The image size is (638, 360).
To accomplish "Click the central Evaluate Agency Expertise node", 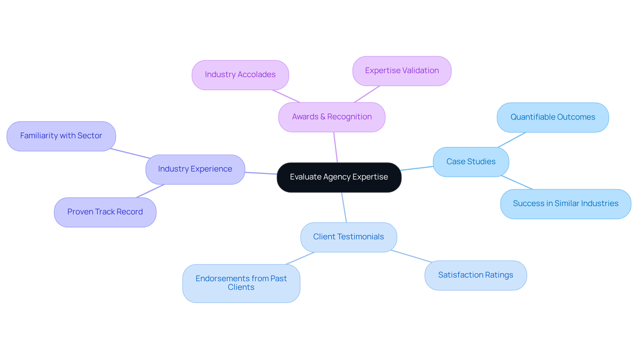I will tap(339, 177).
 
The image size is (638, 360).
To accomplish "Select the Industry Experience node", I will tap(195, 169).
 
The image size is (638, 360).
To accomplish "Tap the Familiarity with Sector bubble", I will tap(61, 136).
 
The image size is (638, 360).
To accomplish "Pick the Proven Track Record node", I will tap(105, 212).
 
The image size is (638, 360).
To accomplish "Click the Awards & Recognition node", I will tap(332, 117).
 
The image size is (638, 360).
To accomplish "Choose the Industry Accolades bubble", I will tap(240, 75).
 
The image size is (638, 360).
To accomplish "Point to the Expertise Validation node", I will tap(402, 71).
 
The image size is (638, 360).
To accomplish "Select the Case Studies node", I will tap(471, 162).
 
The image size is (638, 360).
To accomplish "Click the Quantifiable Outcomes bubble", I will tap(553, 117).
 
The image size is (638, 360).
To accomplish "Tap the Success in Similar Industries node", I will tap(566, 204).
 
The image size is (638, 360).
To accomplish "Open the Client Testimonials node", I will tap(348, 237).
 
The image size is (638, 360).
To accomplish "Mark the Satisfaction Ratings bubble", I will tap(476, 275).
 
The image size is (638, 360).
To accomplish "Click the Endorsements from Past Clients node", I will tap(241, 283).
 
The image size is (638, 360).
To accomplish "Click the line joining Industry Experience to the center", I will tap(261, 173).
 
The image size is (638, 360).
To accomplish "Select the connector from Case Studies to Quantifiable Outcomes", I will tap(512, 140).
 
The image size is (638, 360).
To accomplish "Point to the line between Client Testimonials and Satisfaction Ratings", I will tap(411, 256).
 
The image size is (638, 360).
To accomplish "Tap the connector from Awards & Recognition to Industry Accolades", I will tap(286, 96).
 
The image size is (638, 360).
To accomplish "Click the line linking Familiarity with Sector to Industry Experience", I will tap(130, 154).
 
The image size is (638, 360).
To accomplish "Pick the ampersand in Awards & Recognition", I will tap(322, 117).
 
